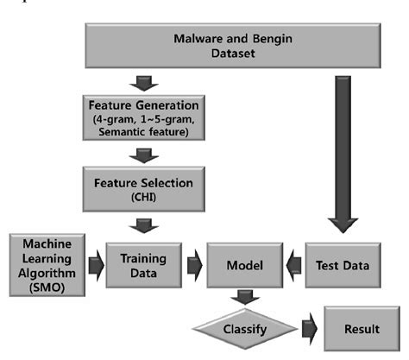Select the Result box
(361, 330)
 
